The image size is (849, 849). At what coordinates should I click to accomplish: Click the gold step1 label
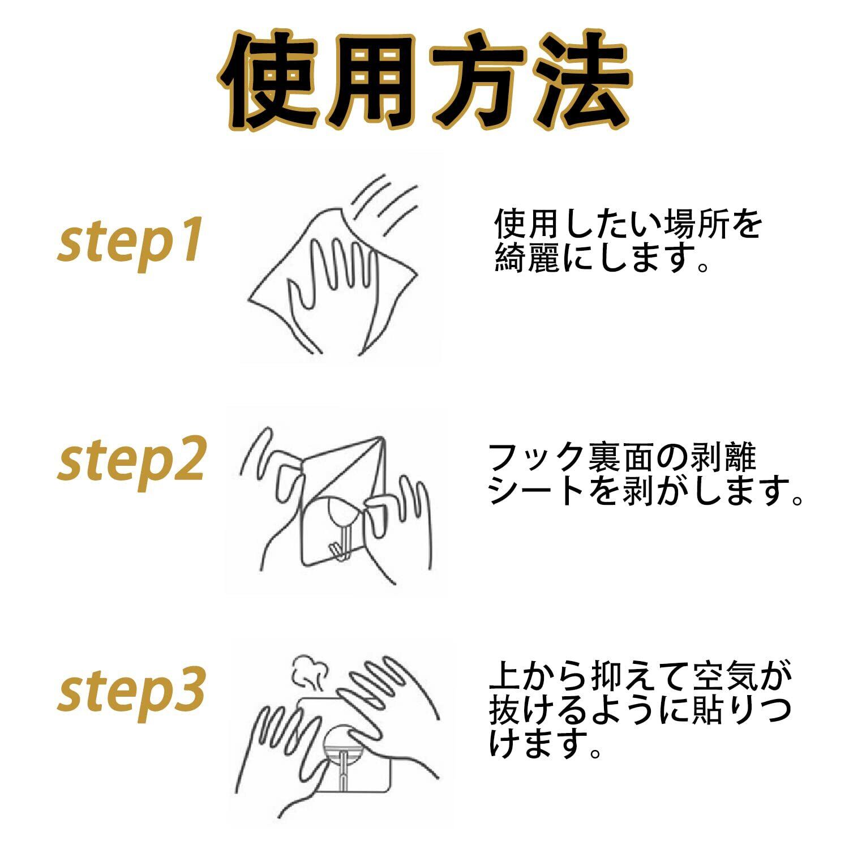point(130,242)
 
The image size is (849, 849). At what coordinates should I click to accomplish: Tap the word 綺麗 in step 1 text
point(528,258)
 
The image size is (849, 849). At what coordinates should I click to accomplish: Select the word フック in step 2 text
point(535,457)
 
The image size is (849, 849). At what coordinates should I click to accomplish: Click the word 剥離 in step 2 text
point(723,457)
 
